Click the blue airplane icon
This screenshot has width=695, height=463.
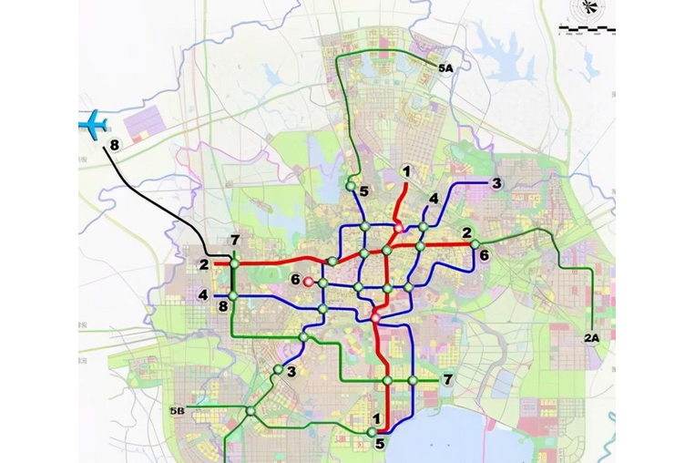point(93,124)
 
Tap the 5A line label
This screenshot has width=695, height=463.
point(445,68)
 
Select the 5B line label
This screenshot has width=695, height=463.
point(177,411)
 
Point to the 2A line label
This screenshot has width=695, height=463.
point(591,338)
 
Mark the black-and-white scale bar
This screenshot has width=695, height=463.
point(586,30)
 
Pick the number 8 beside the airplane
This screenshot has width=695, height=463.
point(114,146)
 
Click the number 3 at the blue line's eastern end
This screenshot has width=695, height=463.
point(496,183)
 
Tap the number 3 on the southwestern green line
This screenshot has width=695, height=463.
point(291,372)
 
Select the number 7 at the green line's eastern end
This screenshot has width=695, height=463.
point(447,379)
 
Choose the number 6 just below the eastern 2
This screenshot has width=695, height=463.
point(484,256)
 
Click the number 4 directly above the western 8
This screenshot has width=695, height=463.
point(203,295)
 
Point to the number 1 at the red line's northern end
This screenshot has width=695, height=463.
point(406,170)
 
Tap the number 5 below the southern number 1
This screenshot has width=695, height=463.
point(380,445)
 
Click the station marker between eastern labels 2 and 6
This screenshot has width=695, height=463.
point(475,243)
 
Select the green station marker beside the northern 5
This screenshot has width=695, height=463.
point(350,186)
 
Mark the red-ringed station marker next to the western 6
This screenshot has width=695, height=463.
point(308,283)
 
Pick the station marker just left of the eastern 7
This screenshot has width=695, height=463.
point(413,380)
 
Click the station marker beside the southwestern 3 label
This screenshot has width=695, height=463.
point(277,369)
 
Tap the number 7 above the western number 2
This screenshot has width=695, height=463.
point(234,241)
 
